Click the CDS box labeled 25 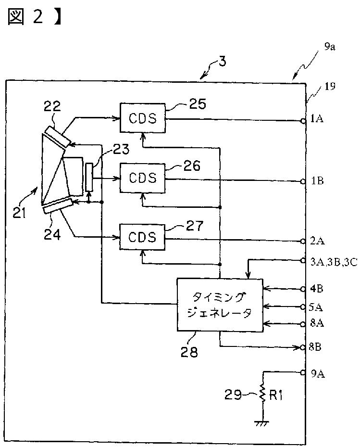pos(142,117)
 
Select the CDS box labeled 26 pos(142,178)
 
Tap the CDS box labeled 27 pos(142,237)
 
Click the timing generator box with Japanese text pos(220,305)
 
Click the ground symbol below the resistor pos(262,423)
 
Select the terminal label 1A pos(317,118)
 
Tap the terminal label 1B pos(317,181)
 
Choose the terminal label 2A pos(317,241)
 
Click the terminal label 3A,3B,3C pos(334,262)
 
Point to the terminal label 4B pos(316,289)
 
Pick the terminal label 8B pos(315,347)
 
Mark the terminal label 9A pos(318,373)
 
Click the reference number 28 pos(189,352)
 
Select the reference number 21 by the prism pos(19,213)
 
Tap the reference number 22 pos(52,106)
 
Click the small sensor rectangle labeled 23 pos(89,178)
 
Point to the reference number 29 pos(233,395)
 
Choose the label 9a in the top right pos(330,47)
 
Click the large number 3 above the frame pos(223,61)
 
